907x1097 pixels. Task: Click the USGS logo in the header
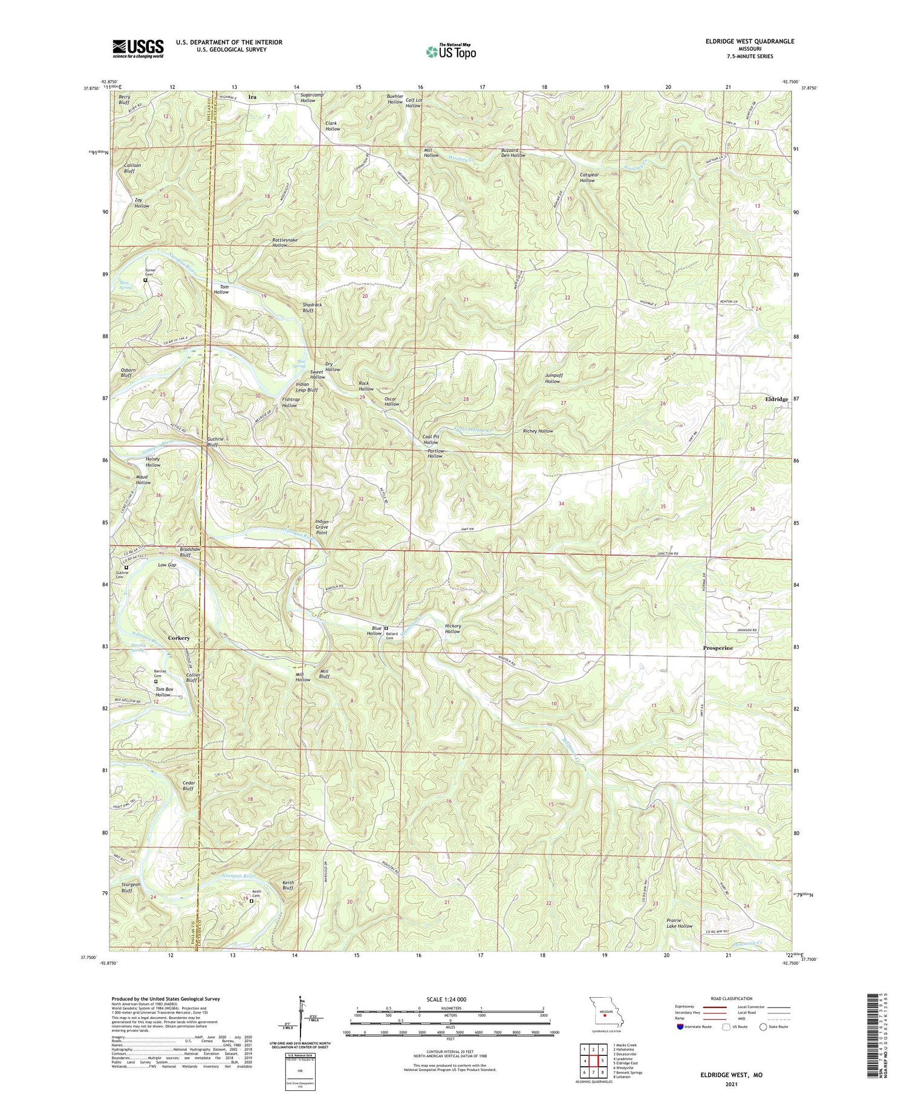point(138,48)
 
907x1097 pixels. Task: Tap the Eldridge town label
point(775,399)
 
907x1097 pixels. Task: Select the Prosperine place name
point(718,648)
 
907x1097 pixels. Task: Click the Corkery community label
point(179,638)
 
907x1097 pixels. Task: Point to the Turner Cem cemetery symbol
point(145,280)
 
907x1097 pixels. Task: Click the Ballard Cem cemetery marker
point(387,628)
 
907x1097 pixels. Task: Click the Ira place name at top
point(252,97)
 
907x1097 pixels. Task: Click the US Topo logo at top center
point(450,52)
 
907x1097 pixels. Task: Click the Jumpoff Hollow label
point(553,378)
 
